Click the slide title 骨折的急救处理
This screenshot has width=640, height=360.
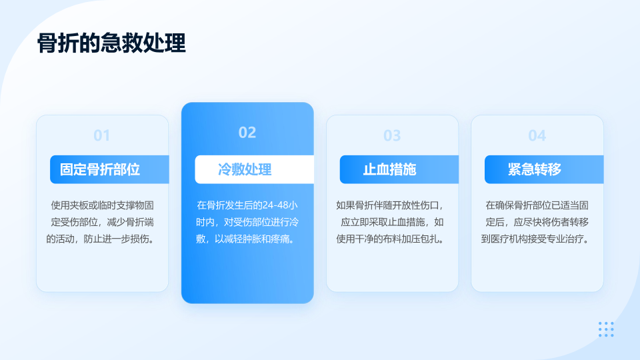(111, 43)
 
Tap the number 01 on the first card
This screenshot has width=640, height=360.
(101, 135)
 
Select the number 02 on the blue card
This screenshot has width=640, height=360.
(247, 132)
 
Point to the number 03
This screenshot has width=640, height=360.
(392, 135)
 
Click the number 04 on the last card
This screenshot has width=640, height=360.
(537, 135)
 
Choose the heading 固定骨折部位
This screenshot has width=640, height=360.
(100, 169)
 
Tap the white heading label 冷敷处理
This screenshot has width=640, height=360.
(245, 169)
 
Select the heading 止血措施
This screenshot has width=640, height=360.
(390, 169)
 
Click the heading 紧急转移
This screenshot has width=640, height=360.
(535, 169)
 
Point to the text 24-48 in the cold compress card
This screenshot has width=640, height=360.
(275, 205)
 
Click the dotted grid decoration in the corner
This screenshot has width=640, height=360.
(606, 329)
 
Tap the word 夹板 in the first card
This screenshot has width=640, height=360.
(79, 205)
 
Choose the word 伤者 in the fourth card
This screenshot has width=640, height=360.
(561, 222)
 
